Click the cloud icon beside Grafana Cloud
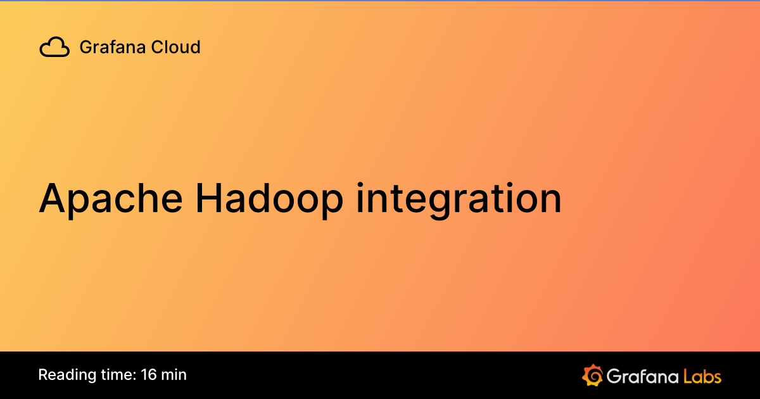(x=54, y=47)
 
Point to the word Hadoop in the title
(x=270, y=198)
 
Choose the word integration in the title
(x=459, y=198)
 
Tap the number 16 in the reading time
(x=149, y=374)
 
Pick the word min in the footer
(x=174, y=374)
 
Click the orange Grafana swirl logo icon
(x=592, y=375)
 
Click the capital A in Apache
(x=53, y=198)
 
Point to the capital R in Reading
(x=42, y=374)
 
